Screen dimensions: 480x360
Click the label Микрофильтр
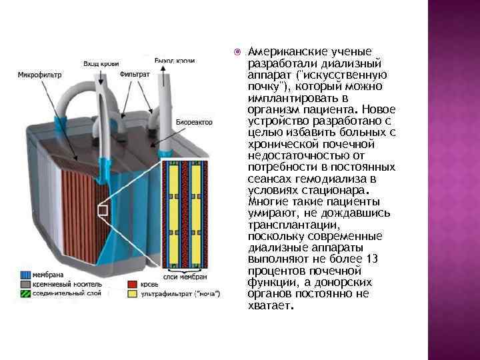point(39,75)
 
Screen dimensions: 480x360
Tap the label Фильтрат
point(134,75)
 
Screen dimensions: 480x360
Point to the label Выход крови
point(175,61)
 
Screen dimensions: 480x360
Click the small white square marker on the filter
point(103,211)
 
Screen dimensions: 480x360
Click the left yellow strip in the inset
point(175,213)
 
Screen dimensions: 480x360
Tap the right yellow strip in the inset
point(196,213)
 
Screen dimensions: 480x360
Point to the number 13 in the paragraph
point(373,259)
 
